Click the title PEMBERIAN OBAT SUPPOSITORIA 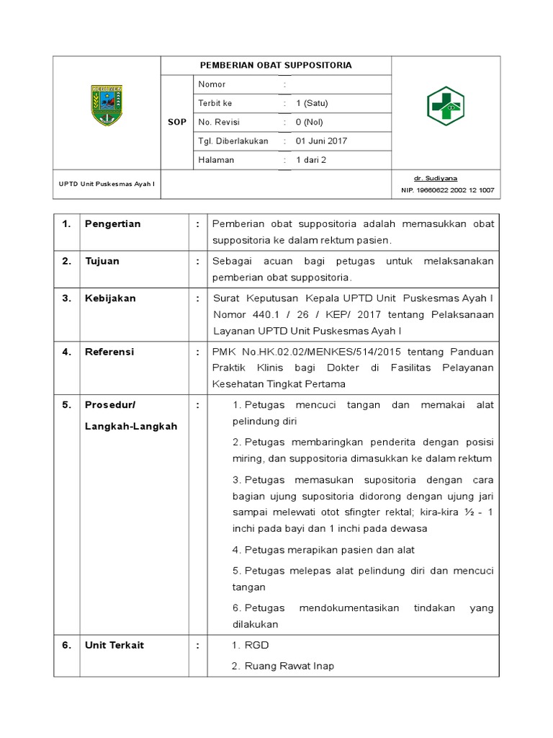click(276, 66)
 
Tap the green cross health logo click(446, 105)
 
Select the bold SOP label click(177, 123)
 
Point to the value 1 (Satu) click(312, 104)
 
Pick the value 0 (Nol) click(310, 123)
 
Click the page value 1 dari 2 click(311, 160)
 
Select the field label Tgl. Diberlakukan click(233, 141)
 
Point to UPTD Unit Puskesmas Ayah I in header click(107, 184)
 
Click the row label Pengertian click(112, 224)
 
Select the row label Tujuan click(103, 262)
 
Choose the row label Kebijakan click(110, 298)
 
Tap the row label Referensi click(109, 352)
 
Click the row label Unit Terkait click(114, 645)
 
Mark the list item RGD click(257, 645)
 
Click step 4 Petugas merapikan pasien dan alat click(323, 549)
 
